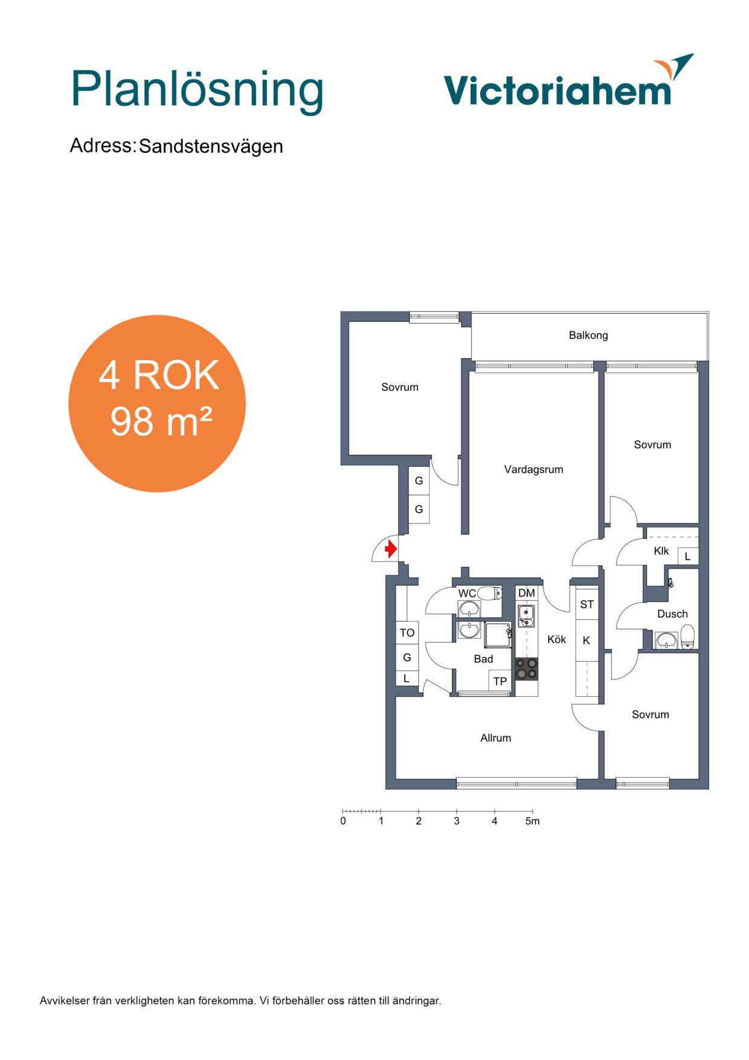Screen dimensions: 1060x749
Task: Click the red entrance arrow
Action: (391, 549)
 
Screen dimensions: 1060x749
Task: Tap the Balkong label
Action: (588, 335)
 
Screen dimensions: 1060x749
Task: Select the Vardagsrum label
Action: (533, 470)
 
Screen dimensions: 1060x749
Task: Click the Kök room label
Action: (556, 639)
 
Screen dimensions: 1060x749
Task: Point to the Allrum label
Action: (495, 738)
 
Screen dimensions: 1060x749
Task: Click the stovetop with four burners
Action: (526, 669)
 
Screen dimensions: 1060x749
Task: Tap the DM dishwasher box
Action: (527, 593)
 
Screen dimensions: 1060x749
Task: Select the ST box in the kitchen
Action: (587, 604)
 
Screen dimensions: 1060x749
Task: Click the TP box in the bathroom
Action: (500, 681)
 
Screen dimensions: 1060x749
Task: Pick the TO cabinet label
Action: (407, 633)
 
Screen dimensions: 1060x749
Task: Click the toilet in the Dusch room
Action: (687, 636)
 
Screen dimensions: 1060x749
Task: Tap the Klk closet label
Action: (661, 551)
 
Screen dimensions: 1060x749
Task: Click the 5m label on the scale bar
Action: (532, 821)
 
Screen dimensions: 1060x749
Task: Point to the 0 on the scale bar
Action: (343, 821)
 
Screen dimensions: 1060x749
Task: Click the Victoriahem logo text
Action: (558, 90)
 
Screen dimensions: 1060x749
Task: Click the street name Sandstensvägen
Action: (211, 146)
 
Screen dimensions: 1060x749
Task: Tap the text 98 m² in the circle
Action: (161, 421)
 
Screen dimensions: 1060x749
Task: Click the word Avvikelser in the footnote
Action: (65, 1001)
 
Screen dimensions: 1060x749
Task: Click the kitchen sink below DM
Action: (526, 615)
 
